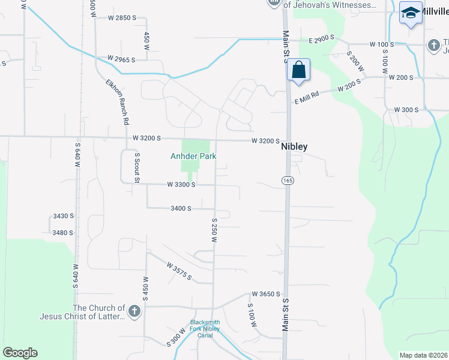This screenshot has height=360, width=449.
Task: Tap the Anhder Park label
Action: point(192,156)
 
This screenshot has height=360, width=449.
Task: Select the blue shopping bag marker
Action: point(298,71)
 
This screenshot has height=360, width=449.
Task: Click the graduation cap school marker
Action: point(411,13)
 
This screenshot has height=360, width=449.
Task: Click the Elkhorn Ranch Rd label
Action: point(118,102)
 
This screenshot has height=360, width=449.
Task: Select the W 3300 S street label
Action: point(181,185)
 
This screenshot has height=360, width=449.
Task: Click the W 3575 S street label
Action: point(179,271)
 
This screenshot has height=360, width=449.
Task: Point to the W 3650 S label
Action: point(266,294)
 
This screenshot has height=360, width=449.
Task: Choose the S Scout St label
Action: point(137,167)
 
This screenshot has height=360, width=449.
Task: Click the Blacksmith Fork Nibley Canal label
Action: point(205,328)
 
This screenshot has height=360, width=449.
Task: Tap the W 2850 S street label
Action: point(122,18)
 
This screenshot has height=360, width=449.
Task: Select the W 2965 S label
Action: point(121,59)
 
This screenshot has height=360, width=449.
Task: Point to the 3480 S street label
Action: point(62,233)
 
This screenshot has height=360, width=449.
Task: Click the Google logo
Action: point(20,352)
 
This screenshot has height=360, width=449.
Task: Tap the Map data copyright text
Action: point(423,355)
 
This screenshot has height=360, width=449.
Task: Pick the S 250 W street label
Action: point(213,230)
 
